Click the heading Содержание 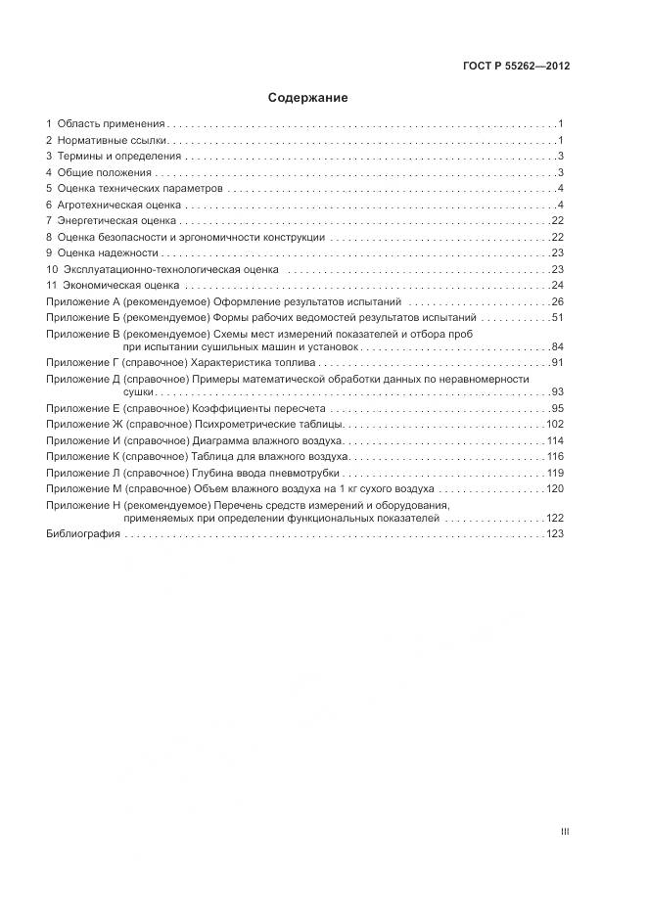pyautogui.click(x=307, y=98)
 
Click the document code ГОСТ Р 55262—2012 pyautogui.click(x=516, y=67)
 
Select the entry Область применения pyautogui.click(x=111, y=124)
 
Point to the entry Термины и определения pyautogui.click(x=119, y=157)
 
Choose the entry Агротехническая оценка pyautogui.click(x=119, y=205)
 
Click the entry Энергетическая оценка pyautogui.click(x=116, y=221)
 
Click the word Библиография pyautogui.click(x=83, y=534)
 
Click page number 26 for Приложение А pyautogui.click(x=559, y=301)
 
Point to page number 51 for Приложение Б pyautogui.click(x=559, y=318)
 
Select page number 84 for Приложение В pyautogui.click(x=559, y=347)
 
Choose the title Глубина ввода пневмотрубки pyautogui.click(x=263, y=473)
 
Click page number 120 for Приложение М pyautogui.click(x=556, y=488)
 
